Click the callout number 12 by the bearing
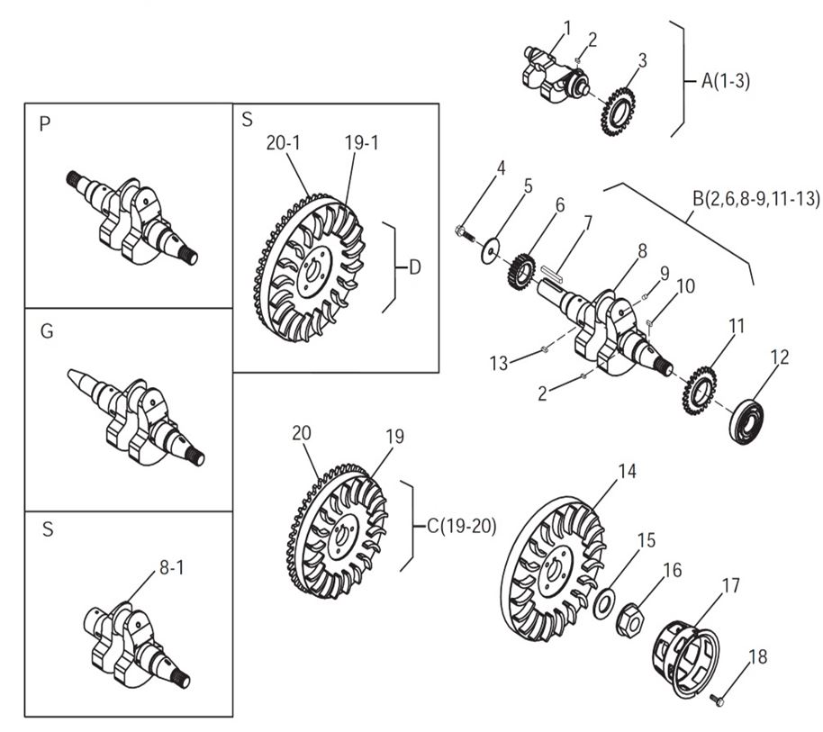(x=780, y=357)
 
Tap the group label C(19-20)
(x=462, y=527)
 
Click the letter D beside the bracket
(x=414, y=267)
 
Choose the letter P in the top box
(x=45, y=125)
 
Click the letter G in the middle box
(x=47, y=331)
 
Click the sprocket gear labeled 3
(x=618, y=110)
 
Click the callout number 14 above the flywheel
(x=627, y=471)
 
